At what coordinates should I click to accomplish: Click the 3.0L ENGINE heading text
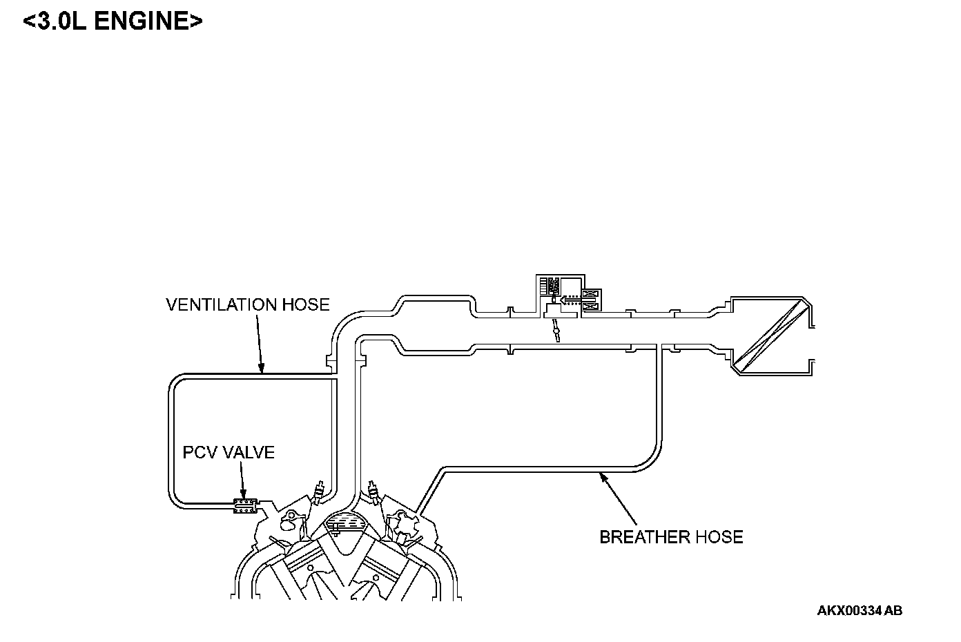click(113, 21)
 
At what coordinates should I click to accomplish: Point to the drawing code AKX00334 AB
click(860, 610)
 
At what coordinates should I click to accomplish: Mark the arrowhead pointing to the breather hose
click(603, 475)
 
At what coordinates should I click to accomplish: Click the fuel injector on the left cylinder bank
click(318, 492)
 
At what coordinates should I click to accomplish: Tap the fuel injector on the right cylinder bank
click(374, 492)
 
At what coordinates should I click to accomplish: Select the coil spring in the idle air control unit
click(552, 284)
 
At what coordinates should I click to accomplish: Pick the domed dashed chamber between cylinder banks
click(346, 523)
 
